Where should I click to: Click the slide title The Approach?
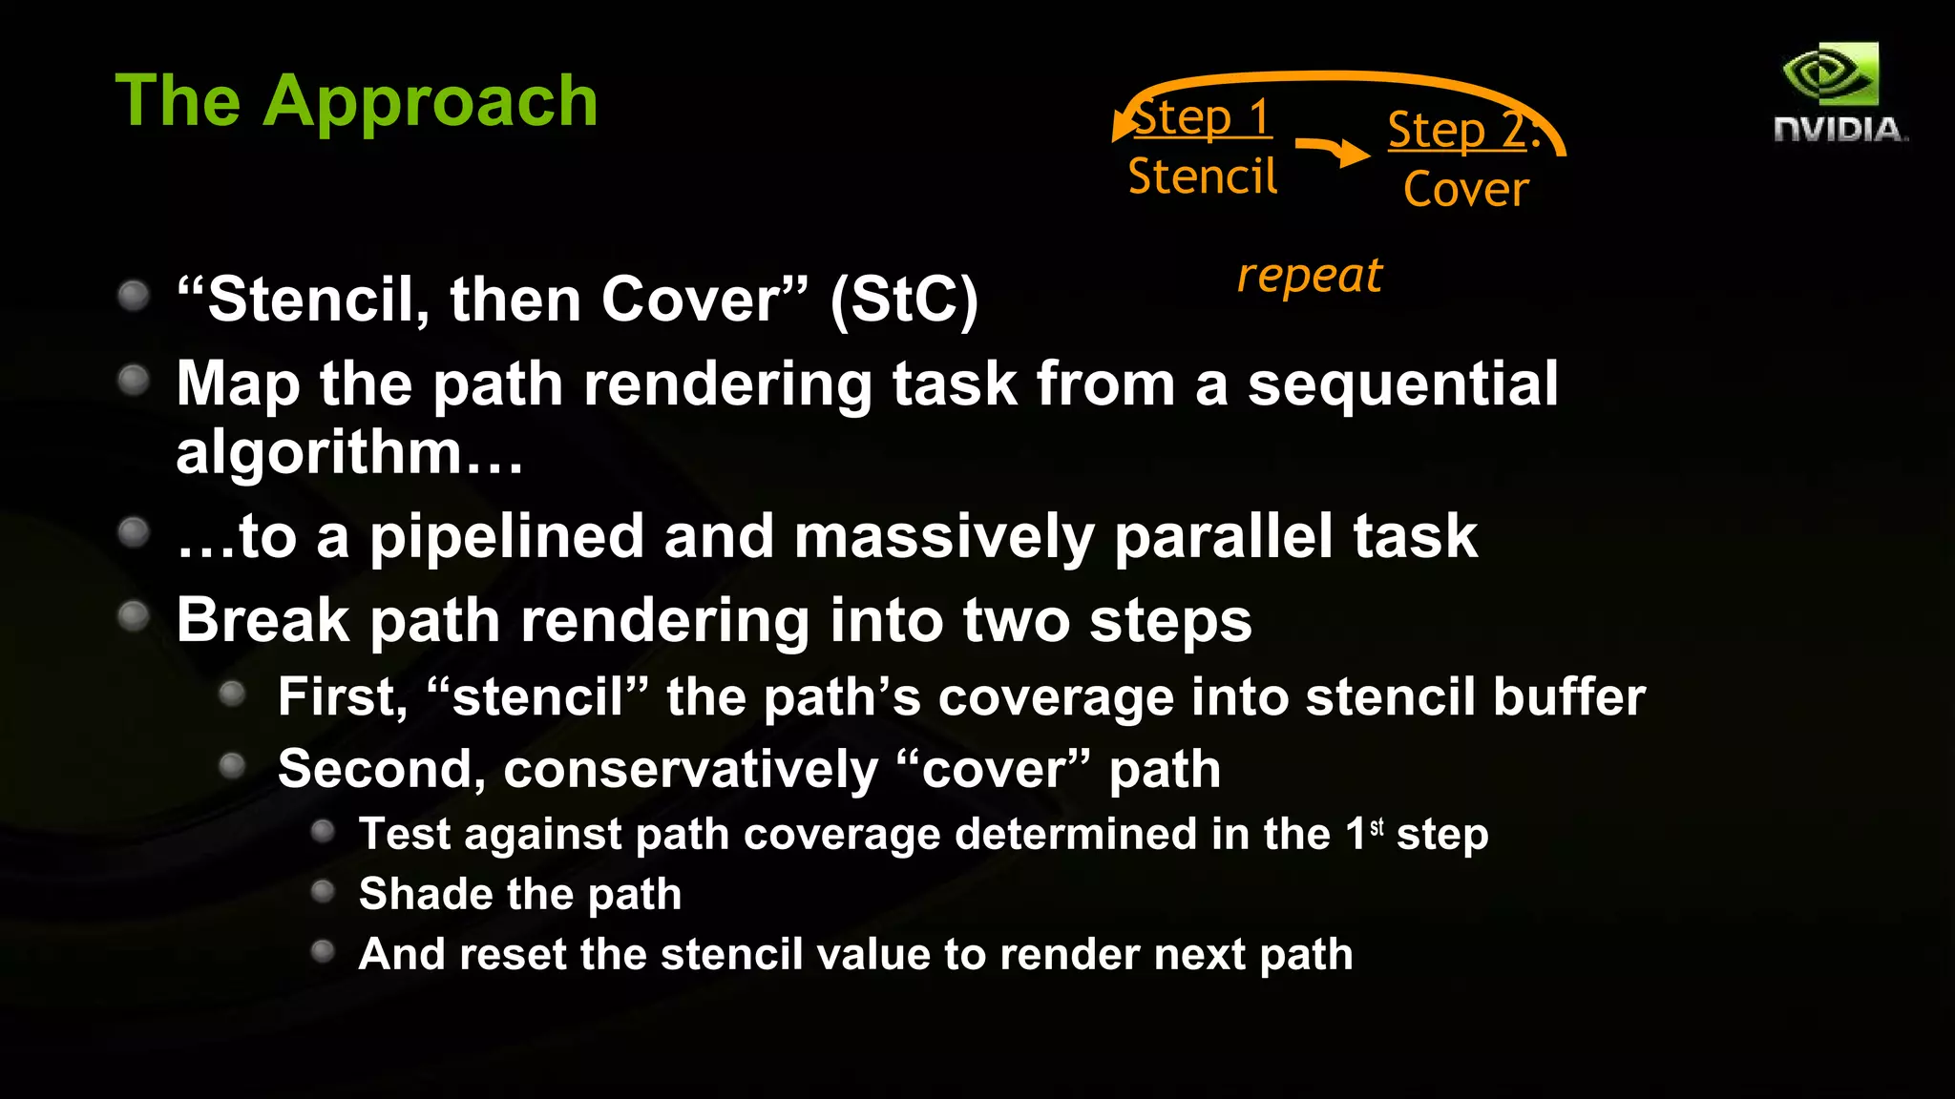click(356, 101)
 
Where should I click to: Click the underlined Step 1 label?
click(1203, 118)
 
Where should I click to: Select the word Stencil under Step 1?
click(1202, 177)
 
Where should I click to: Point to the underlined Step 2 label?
click(1461, 131)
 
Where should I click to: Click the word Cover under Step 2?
click(1466, 189)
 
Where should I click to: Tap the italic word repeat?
click(1310, 276)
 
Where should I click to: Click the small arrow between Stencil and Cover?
click(1334, 151)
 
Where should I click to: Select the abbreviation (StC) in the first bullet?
click(903, 301)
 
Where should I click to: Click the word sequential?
click(1402, 384)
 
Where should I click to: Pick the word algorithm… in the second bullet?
click(349, 451)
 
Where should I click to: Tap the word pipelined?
click(506, 537)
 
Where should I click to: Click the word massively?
click(944, 537)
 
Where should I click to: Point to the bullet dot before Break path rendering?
click(134, 616)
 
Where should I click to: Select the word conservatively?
click(690, 769)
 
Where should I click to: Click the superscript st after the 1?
click(1377, 827)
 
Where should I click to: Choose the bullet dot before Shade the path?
click(324, 892)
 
